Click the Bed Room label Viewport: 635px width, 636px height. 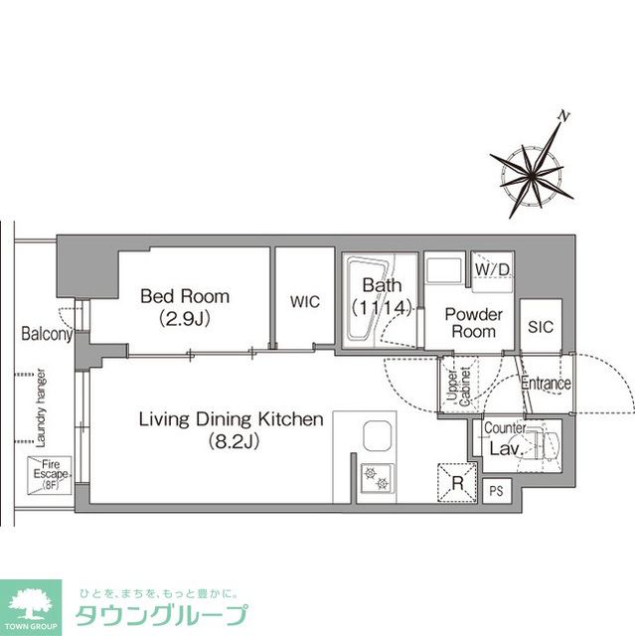(184, 296)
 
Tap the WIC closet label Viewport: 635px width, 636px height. (305, 302)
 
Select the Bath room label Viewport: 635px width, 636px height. (375, 287)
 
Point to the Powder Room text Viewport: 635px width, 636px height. (473, 323)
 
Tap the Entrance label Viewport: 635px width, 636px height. (546, 384)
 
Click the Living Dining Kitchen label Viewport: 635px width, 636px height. (231, 420)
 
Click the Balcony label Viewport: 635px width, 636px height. (46, 335)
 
